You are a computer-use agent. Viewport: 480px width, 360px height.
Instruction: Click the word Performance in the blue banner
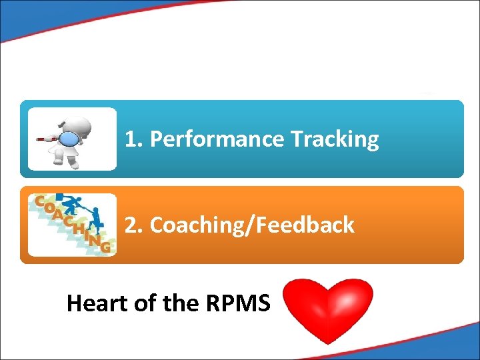tap(217, 139)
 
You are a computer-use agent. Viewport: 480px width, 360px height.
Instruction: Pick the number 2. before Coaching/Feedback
tap(135, 225)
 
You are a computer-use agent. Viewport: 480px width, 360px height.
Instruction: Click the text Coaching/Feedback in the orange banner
tap(252, 225)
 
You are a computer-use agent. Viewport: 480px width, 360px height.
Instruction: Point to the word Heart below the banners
tap(97, 303)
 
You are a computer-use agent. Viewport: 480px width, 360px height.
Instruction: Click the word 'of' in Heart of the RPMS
tap(145, 303)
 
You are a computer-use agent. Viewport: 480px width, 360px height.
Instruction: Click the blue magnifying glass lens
tap(70, 139)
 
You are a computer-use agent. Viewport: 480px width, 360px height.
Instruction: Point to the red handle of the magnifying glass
tap(47, 140)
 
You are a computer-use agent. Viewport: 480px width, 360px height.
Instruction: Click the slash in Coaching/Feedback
tap(245, 225)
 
